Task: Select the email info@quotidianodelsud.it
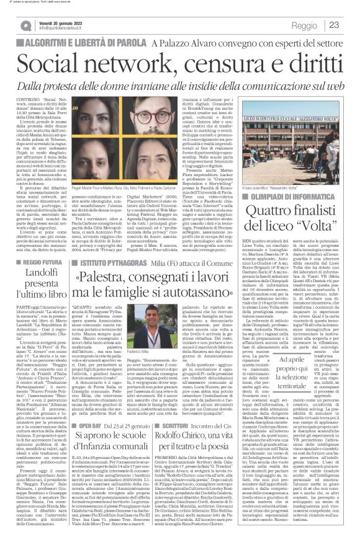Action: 68,29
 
